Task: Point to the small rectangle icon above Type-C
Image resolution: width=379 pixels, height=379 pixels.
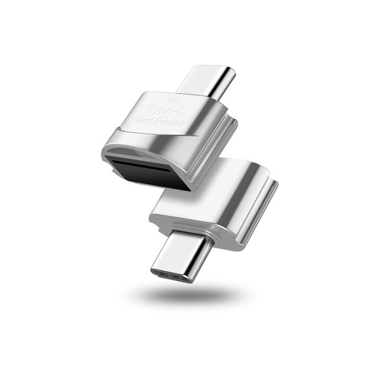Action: [172, 98]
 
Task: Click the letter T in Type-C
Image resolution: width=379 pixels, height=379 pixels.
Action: [149, 107]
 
